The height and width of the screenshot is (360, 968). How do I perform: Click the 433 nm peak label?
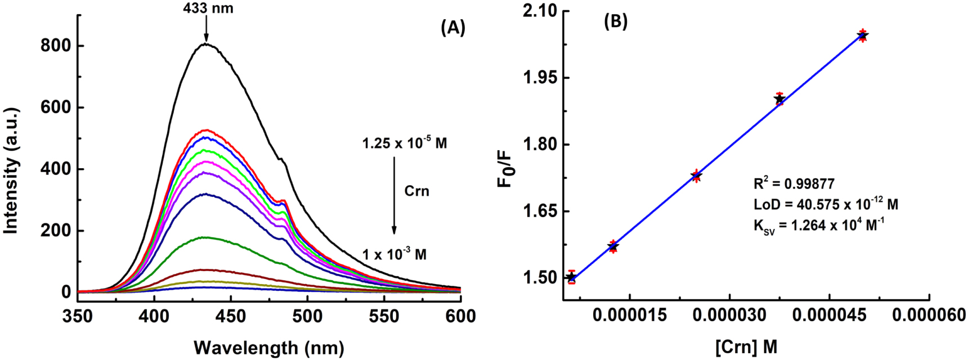pyautogui.click(x=208, y=8)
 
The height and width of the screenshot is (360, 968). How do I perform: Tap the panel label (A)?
pyautogui.click(x=453, y=28)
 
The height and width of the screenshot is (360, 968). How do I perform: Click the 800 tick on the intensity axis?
pyautogui.click(x=55, y=46)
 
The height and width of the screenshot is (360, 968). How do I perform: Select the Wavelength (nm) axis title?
pyautogui.click(x=268, y=348)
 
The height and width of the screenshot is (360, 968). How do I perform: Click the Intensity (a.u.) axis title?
pyautogui.click(x=11, y=169)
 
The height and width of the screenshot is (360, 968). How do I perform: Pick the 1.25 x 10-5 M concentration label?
pyautogui.click(x=405, y=143)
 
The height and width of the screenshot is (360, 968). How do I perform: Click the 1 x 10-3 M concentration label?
pyautogui.click(x=394, y=254)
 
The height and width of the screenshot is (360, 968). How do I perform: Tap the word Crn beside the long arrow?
pyautogui.click(x=416, y=191)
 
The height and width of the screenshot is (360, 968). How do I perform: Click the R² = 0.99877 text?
pyautogui.click(x=794, y=183)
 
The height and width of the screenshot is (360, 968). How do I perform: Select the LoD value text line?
pyautogui.click(x=826, y=204)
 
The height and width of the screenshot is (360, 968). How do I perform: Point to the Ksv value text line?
pyautogui.click(x=819, y=226)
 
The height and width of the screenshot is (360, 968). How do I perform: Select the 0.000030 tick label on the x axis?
pyautogui.click(x=729, y=316)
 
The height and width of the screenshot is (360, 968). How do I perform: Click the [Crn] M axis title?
pyautogui.click(x=746, y=348)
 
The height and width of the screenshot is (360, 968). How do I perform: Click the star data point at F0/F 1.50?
pyautogui.click(x=572, y=277)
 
